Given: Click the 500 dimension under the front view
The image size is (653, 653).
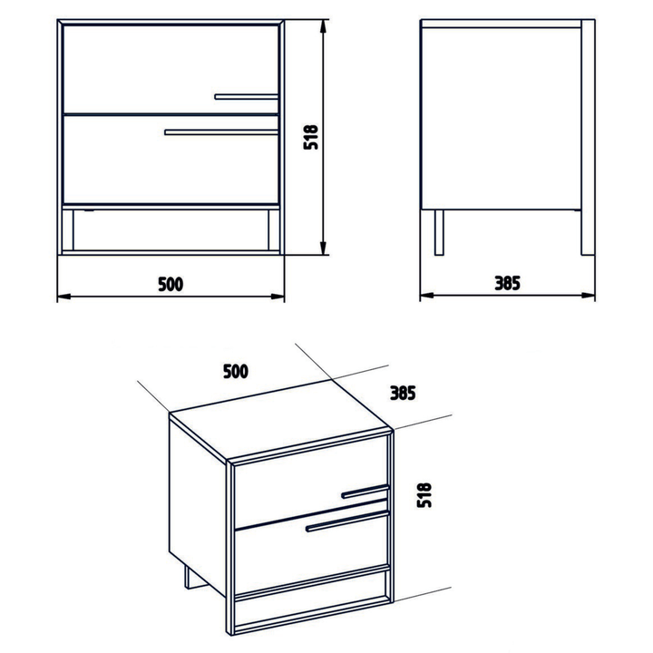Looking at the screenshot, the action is pyautogui.click(x=171, y=284).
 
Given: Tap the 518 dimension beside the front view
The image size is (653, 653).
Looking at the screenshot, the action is pyautogui.click(x=311, y=137).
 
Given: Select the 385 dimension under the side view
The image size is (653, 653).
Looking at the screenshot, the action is pyautogui.click(x=507, y=283).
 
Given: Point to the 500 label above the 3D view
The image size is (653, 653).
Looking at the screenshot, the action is pyautogui.click(x=236, y=372).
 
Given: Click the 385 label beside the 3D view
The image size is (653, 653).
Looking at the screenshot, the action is pyautogui.click(x=403, y=393).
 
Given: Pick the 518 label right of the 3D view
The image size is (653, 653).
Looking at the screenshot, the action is pyautogui.click(x=424, y=495).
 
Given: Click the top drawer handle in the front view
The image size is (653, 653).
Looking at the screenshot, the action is pyautogui.click(x=247, y=97).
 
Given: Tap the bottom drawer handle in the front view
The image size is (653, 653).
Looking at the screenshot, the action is pyautogui.click(x=221, y=132).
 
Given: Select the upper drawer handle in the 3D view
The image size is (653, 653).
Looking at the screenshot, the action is pyautogui.click(x=365, y=492).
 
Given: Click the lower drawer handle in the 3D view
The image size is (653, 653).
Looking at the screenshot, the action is pyautogui.click(x=346, y=522).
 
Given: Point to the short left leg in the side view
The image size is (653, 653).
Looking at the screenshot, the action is pyautogui.click(x=439, y=232).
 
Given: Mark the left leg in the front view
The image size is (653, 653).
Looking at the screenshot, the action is pyautogui.click(x=68, y=229).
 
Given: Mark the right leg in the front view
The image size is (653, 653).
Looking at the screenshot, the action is pyautogui.click(x=274, y=229).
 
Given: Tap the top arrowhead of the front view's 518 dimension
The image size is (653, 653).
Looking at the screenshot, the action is pyautogui.click(x=323, y=25).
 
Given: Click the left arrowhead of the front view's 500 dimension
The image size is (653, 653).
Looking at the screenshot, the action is pyautogui.click(x=63, y=297).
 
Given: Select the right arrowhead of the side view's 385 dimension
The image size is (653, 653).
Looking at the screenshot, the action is pyautogui.click(x=588, y=296).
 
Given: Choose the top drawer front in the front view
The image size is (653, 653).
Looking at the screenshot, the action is pyautogui.click(x=171, y=69).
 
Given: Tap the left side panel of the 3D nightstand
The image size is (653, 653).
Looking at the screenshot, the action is pyautogui.click(x=199, y=506).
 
